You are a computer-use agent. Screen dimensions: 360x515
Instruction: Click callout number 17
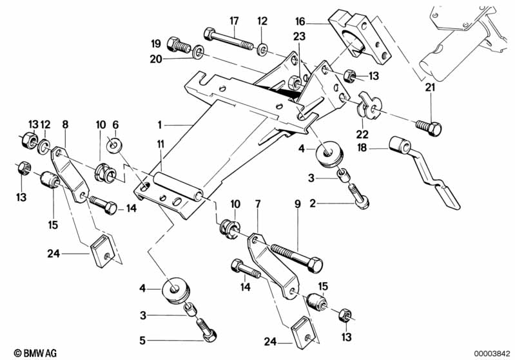tap(234, 20)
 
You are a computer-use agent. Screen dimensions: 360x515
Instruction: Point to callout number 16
tap(318, 20)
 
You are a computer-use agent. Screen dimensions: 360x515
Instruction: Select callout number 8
tap(64, 124)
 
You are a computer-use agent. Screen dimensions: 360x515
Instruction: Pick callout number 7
tap(258, 205)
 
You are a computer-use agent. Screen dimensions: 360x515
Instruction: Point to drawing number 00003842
tap(494, 352)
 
